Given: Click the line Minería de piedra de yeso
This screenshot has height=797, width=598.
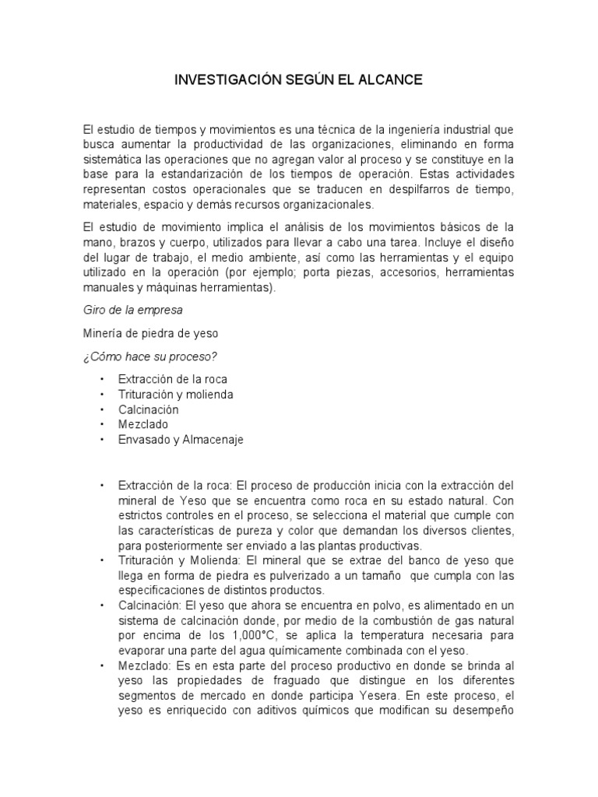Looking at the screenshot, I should [150, 333].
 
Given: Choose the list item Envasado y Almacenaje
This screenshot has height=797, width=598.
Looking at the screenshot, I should [181, 440].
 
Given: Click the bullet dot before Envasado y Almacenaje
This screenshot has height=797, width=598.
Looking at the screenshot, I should [101, 440].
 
